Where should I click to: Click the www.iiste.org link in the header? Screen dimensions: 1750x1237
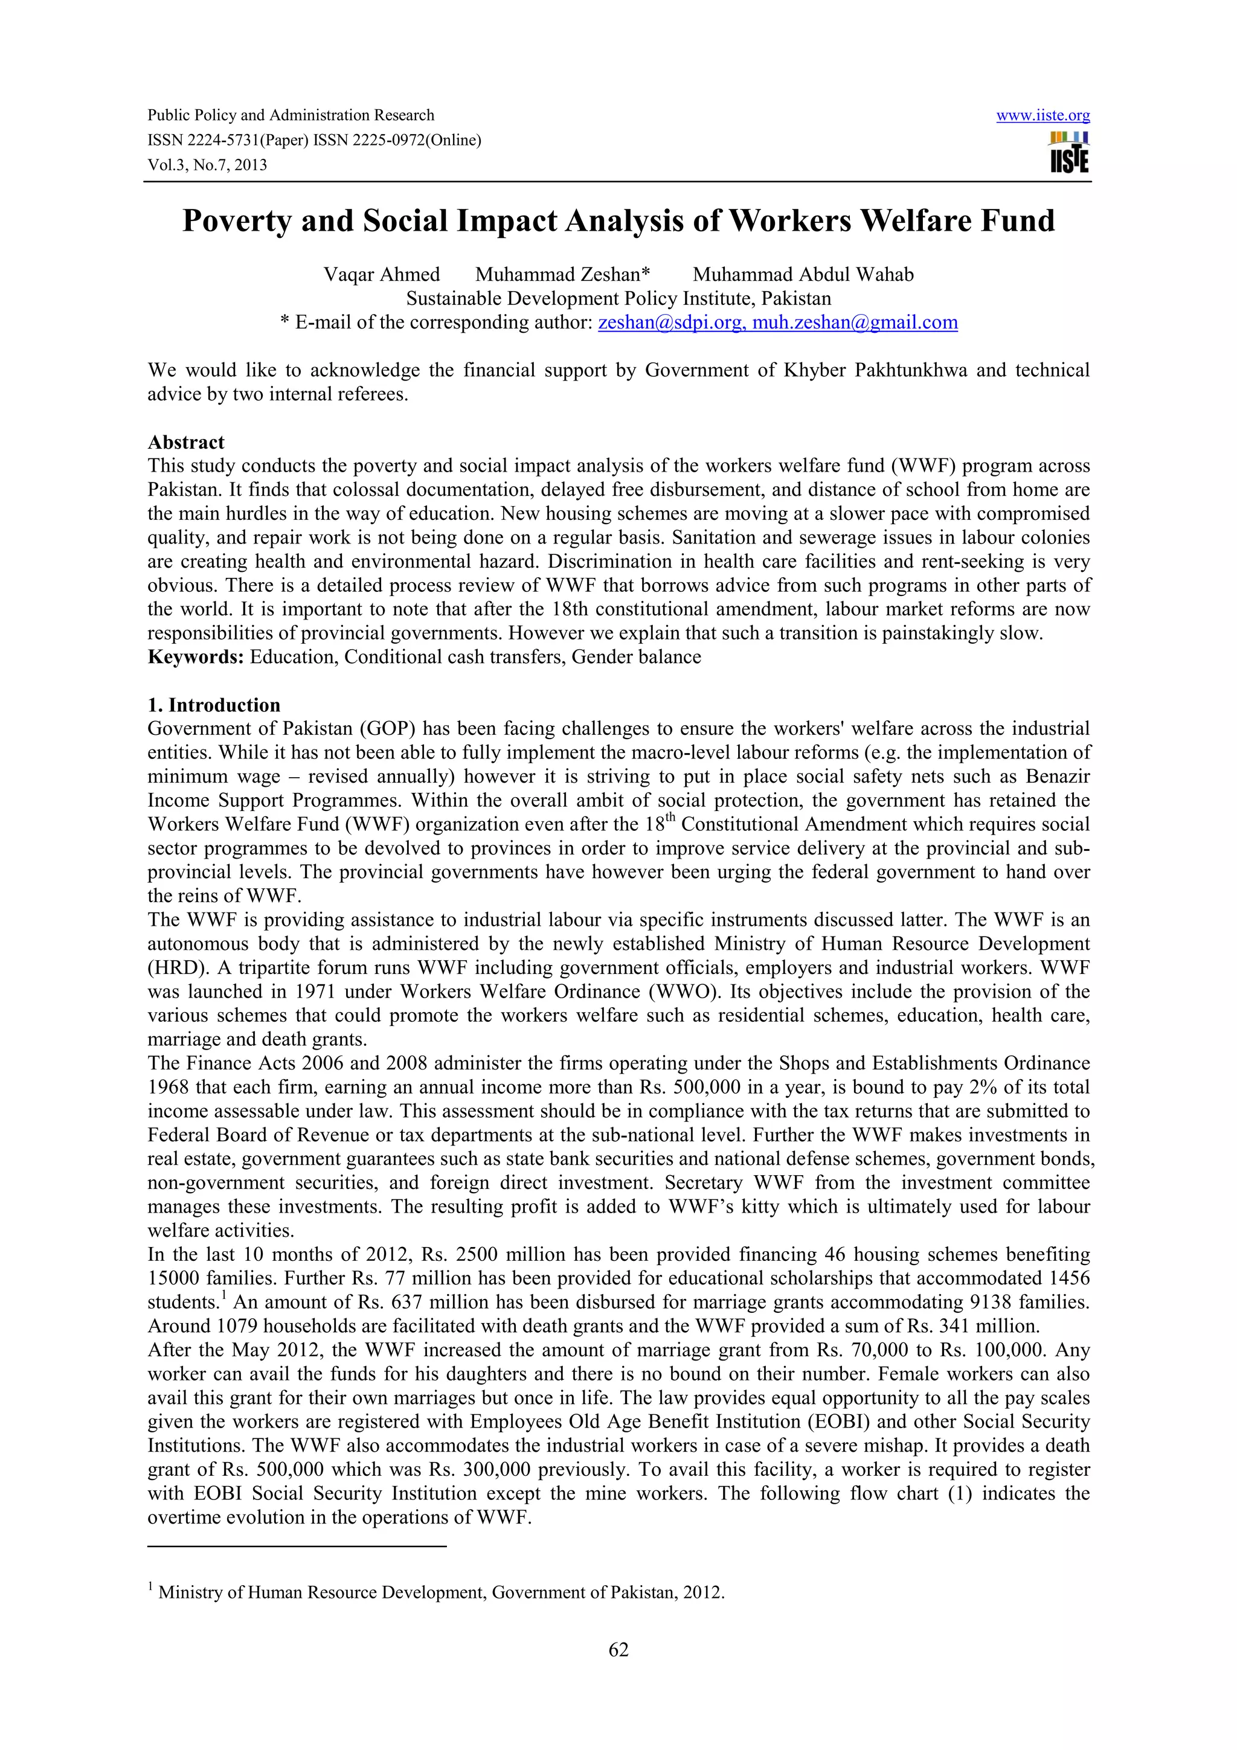pos(1043,116)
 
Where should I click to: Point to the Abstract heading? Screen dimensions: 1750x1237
pos(186,442)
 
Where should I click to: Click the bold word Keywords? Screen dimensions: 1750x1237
pos(196,657)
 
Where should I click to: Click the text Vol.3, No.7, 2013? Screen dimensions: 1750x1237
pos(207,165)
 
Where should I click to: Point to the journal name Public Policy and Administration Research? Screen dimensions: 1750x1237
pos(291,116)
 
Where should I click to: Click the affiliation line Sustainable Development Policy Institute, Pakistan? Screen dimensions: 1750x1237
pos(618,298)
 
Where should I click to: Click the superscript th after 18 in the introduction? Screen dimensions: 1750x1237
pos(670,818)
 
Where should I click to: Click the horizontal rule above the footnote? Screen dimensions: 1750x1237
pos(297,1546)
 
